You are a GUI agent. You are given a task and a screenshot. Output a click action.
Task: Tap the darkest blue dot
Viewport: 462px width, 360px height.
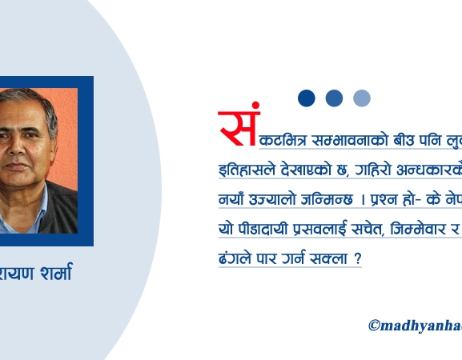tap(307, 98)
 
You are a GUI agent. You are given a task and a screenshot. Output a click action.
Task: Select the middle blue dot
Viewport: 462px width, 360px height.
tap(334, 98)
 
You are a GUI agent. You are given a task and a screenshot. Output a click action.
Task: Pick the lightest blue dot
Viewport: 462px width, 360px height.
tap(362, 98)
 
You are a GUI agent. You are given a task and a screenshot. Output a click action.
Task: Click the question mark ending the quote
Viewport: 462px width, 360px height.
tap(356, 260)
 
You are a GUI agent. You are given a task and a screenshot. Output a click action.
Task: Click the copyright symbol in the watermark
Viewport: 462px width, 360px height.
tap(374, 326)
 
